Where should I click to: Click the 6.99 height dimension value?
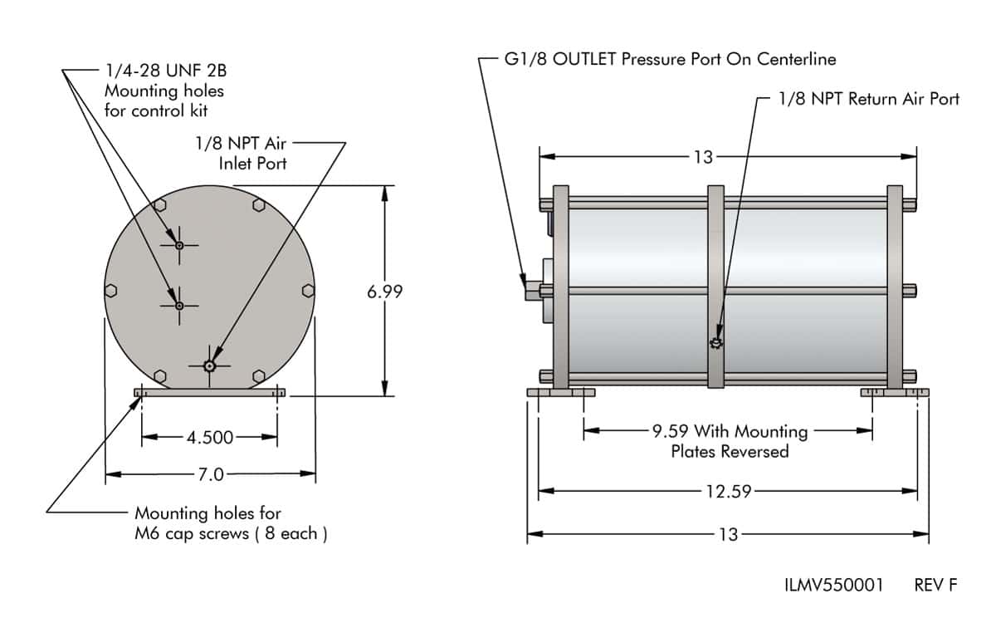(x=384, y=292)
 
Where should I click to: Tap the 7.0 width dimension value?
(x=211, y=475)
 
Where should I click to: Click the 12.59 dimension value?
(x=728, y=492)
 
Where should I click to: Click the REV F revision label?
(x=935, y=585)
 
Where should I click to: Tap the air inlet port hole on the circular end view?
(x=210, y=365)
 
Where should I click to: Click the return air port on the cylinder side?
(x=716, y=343)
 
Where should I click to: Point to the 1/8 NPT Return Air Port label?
(x=869, y=99)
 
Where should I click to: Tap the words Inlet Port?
(x=252, y=164)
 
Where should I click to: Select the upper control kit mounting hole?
(x=179, y=245)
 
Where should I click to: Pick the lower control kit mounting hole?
(x=179, y=305)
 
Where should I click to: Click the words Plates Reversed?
(x=730, y=452)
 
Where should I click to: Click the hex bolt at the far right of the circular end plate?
(x=308, y=290)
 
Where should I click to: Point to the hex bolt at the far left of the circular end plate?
(x=113, y=290)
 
